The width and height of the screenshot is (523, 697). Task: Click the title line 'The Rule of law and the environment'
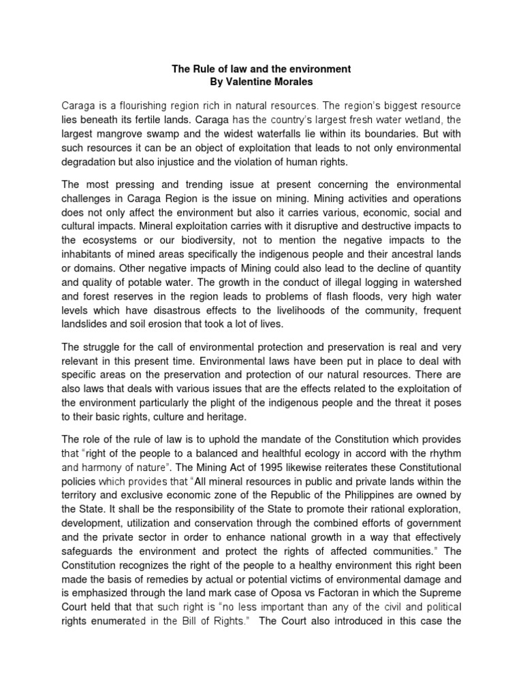click(x=261, y=69)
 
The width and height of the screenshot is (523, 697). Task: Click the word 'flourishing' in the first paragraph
click(x=136, y=106)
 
